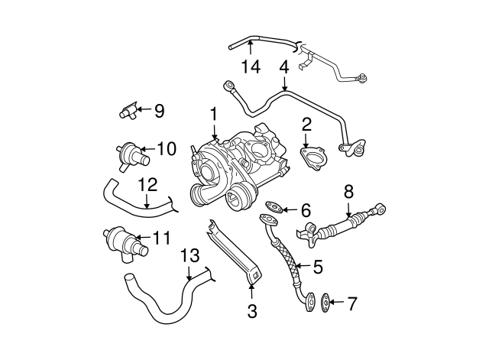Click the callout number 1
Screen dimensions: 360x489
(213, 114)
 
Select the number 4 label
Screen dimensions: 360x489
(284, 68)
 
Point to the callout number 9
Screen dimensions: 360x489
(159, 111)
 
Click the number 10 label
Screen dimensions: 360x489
(167, 148)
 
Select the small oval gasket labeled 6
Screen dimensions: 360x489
(274, 206)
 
